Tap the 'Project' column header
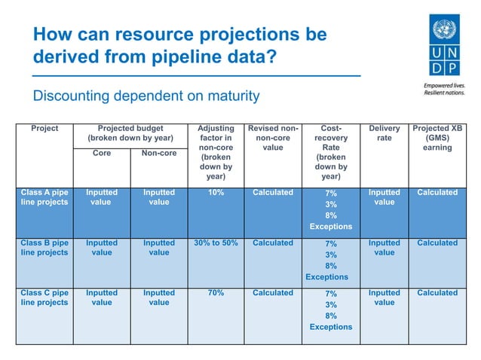[44, 129]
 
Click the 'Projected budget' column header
[130, 133]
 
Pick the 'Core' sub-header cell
[102, 153]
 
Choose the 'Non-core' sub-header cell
[158, 153]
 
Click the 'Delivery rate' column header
[384, 133]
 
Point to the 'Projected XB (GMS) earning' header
[437, 138]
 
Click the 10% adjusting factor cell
[216, 193]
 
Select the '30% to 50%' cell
[216, 243]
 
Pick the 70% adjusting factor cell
[216, 293]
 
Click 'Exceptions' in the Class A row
[330, 227]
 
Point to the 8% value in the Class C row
[330, 316]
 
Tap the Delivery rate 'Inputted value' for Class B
[384, 248]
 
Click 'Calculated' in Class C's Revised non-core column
[273, 293]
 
